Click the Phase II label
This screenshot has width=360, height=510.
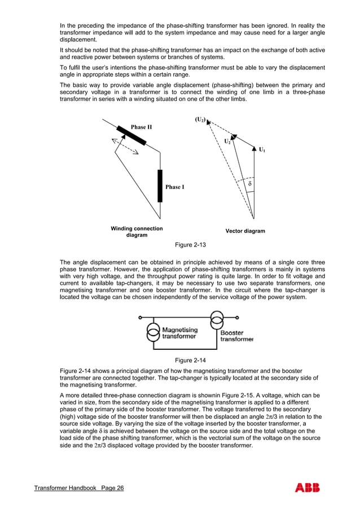click(141, 127)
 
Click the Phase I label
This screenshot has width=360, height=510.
click(174, 187)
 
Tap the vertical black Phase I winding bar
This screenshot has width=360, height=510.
click(160, 186)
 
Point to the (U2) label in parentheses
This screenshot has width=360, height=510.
click(200, 120)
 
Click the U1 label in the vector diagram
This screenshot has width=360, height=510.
click(262, 150)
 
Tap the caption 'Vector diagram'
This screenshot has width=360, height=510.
click(245, 231)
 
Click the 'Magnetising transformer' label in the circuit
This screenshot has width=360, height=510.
click(180, 333)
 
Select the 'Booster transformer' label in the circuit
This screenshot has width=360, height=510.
click(236, 336)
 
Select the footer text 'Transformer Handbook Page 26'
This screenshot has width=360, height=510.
click(79, 489)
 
